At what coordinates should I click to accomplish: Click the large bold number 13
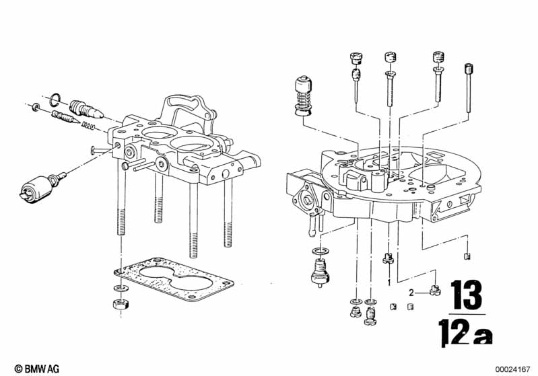[x=467, y=295]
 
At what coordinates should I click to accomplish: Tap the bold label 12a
[x=466, y=332]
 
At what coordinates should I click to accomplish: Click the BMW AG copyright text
[x=37, y=369]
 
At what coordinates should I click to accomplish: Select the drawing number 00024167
[x=512, y=369]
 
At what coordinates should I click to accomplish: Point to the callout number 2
[x=411, y=293]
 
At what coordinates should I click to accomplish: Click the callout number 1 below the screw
[x=389, y=283]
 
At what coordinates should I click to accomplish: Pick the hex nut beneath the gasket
[x=121, y=303]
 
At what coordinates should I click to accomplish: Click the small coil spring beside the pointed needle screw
[x=88, y=125]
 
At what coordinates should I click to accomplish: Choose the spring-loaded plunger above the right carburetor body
[x=303, y=96]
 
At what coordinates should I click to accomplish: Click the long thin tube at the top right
[x=469, y=87]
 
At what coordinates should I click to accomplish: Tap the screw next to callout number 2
[x=435, y=291]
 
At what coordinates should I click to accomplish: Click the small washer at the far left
[x=35, y=108]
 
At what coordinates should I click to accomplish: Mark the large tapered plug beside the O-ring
[x=86, y=110]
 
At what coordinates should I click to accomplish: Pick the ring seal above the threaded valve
[x=321, y=252]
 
